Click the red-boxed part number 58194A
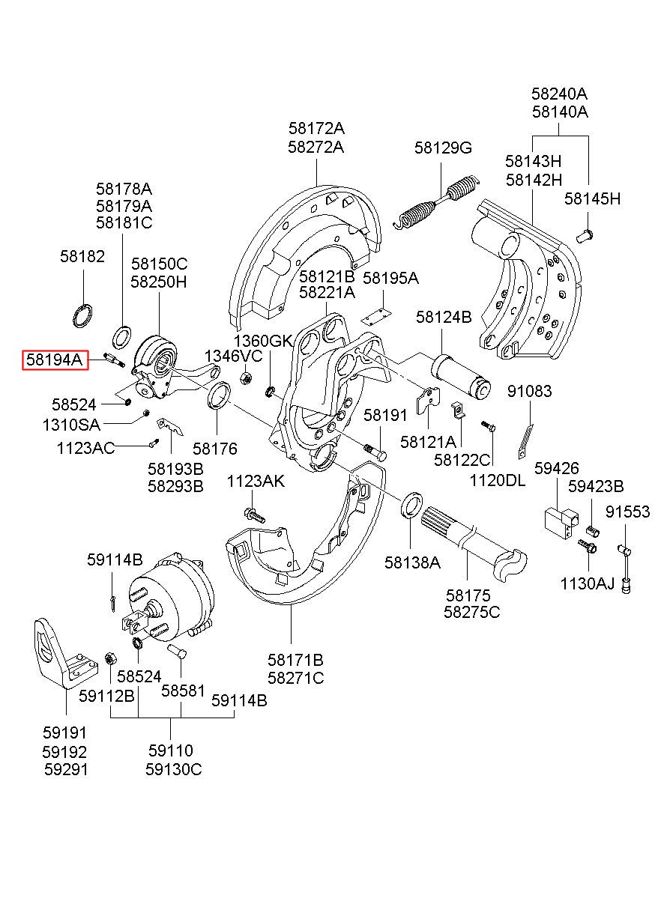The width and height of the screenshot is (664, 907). click(54, 360)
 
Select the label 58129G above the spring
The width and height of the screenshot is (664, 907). click(443, 148)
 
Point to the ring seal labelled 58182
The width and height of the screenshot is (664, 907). click(82, 315)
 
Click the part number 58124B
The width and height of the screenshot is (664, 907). click(444, 318)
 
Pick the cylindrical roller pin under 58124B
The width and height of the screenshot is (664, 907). click(459, 374)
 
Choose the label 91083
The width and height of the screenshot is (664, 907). click(529, 391)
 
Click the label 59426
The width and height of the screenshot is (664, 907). click(556, 469)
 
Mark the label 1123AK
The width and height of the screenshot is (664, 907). click(256, 482)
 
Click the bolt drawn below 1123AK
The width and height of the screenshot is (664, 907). click(254, 515)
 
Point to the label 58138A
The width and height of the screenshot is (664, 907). click(412, 562)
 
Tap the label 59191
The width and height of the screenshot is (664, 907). click(64, 733)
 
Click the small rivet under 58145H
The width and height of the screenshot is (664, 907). click(585, 237)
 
